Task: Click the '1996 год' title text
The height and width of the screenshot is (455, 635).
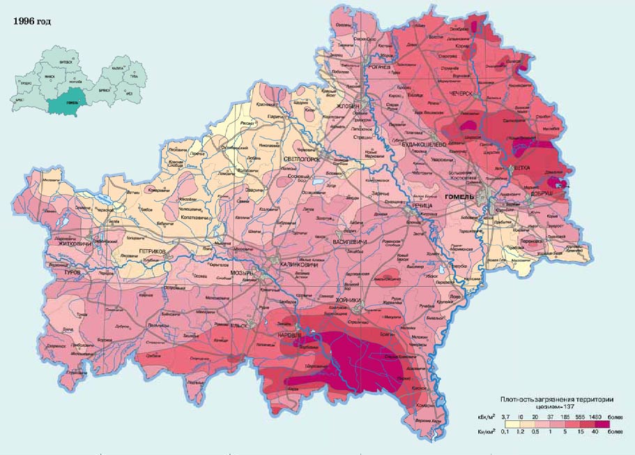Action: pyautogui.click(x=32, y=21)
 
